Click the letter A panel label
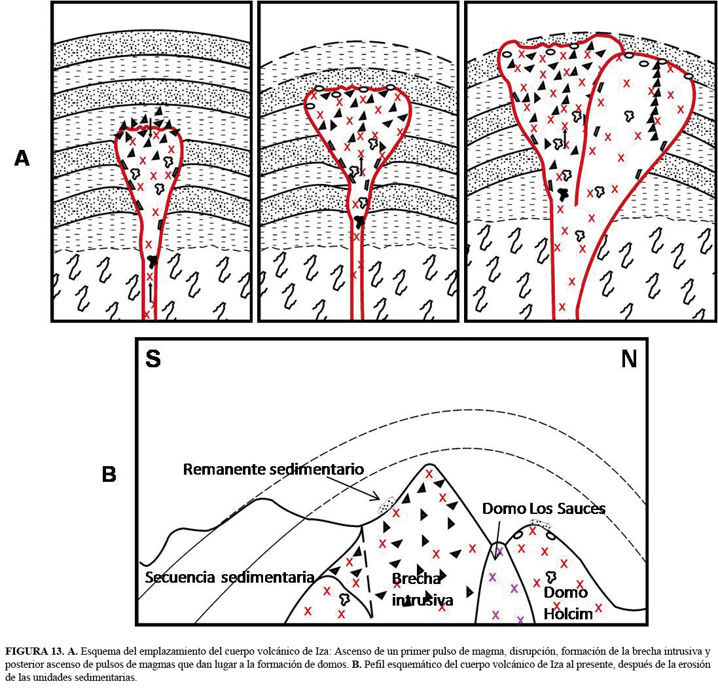click(x=22, y=158)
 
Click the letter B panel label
click(x=109, y=473)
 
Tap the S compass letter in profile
click(x=153, y=359)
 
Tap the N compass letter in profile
click(x=628, y=359)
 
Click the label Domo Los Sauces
click(x=543, y=508)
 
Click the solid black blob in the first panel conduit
click(x=152, y=261)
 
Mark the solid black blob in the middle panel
click(x=358, y=221)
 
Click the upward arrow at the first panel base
click(x=151, y=293)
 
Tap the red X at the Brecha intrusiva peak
click(x=429, y=474)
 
